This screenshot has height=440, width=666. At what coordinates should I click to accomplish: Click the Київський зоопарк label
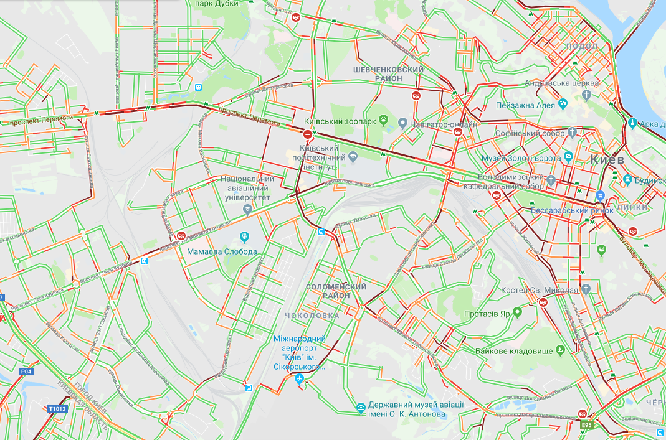click(x=340, y=121)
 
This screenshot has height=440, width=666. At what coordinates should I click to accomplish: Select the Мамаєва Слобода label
click(x=222, y=251)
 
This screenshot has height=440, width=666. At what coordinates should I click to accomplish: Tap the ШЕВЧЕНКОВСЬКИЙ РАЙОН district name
click(x=388, y=74)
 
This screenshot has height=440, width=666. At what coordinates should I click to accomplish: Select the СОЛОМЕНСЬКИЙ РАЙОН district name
click(x=336, y=291)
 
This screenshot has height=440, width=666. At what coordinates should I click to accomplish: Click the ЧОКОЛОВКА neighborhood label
click(x=312, y=316)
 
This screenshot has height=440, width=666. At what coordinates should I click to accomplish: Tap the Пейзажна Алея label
click(x=525, y=105)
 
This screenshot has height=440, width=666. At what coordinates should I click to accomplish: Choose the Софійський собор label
click(x=530, y=133)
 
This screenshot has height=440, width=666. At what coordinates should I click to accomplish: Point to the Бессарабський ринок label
click(x=572, y=210)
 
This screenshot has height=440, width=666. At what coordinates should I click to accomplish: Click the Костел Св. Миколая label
click(x=540, y=290)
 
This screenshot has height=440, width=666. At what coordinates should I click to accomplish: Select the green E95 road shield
click(x=586, y=425)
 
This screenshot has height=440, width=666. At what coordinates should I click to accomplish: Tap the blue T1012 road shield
click(x=56, y=409)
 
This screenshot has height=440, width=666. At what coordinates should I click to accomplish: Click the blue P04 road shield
click(x=26, y=372)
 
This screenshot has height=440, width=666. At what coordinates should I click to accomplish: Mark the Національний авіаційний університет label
click(x=245, y=188)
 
